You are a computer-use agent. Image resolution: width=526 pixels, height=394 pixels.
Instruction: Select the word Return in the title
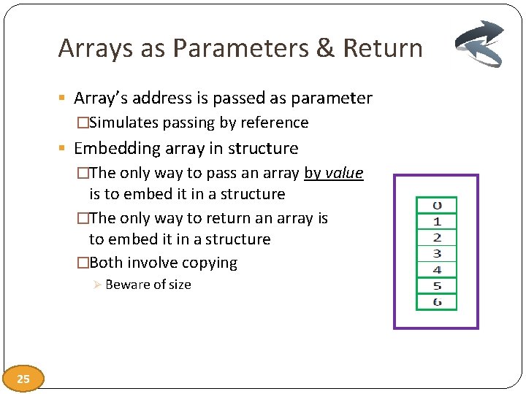pos(383,49)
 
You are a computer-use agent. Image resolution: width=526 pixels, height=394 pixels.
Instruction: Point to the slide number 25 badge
pos(23,379)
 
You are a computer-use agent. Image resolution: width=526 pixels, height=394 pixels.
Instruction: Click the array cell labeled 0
pos(436,205)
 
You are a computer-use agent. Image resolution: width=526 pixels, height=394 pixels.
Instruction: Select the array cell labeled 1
pos(436,221)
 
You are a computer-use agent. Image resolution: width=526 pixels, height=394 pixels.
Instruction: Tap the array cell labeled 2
pos(436,237)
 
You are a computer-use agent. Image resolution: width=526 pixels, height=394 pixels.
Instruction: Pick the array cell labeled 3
pos(436,253)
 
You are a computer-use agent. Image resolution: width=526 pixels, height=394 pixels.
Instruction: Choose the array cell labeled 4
pos(436,269)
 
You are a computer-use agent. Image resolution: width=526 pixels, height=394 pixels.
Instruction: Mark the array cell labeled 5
pos(436,285)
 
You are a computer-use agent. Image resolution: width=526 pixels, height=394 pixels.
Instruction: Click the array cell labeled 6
pos(436,301)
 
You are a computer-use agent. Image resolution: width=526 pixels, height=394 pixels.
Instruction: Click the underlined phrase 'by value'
pos(333,173)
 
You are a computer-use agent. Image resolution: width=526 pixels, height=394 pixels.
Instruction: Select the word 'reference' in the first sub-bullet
pos(278,123)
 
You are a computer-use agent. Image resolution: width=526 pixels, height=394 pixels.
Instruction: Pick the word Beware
pos(125,285)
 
